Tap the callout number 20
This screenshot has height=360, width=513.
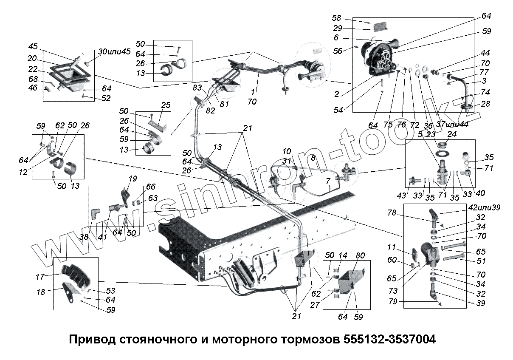coord(33,59)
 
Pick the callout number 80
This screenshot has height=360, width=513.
coord(361,256)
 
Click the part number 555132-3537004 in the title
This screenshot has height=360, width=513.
coord(389,340)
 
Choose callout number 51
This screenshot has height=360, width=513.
coord(481,261)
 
